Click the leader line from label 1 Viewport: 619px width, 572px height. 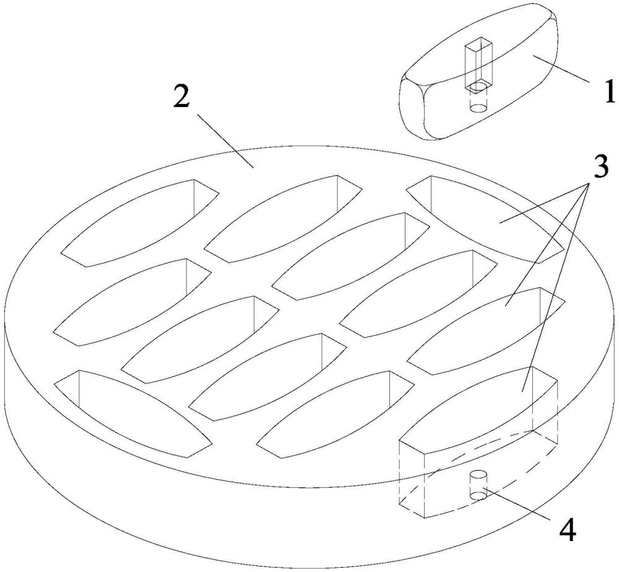click(561, 69)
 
